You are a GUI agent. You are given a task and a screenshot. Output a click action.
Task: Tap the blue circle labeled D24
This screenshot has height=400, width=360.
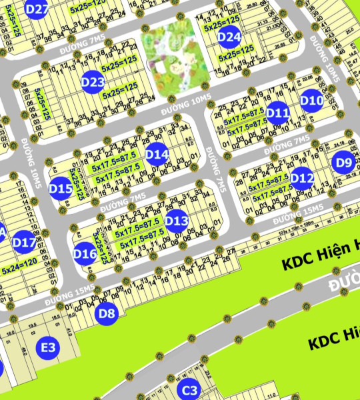229,37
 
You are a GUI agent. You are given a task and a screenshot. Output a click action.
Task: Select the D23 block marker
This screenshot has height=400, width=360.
93,83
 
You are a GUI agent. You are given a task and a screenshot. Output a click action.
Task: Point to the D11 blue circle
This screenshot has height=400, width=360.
277,113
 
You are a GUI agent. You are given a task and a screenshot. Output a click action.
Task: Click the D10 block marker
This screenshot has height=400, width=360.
311,101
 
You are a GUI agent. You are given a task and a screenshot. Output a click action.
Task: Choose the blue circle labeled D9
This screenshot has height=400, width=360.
343,162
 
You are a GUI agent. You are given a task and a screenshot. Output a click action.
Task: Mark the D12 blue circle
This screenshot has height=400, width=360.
302,178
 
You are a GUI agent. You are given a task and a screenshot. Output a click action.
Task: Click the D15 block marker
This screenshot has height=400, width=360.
61,189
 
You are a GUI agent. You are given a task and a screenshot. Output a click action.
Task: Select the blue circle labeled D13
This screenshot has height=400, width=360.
177,220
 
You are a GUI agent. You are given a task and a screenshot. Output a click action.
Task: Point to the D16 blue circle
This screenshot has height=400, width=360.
85,253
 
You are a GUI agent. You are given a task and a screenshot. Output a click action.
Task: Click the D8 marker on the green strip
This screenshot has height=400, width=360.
107,313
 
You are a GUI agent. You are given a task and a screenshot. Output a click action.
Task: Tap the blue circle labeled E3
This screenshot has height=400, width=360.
48,347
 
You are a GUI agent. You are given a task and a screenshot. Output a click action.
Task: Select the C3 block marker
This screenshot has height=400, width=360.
190,390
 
